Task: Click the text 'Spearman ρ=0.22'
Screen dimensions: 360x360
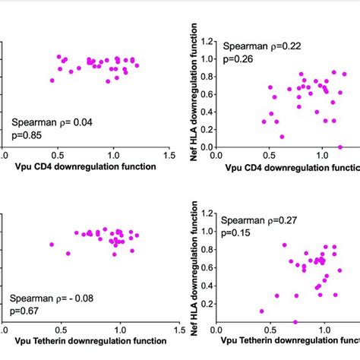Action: [x=257, y=46]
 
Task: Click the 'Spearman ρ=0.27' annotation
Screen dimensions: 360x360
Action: [x=257, y=221]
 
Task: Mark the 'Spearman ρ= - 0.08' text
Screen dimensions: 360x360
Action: [x=55, y=298]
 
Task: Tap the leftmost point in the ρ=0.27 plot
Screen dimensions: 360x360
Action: [x=262, y=311]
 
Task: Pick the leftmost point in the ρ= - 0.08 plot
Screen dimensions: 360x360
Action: [x=52, y=245]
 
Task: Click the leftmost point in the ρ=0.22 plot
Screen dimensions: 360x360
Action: [x=264, y=121]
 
